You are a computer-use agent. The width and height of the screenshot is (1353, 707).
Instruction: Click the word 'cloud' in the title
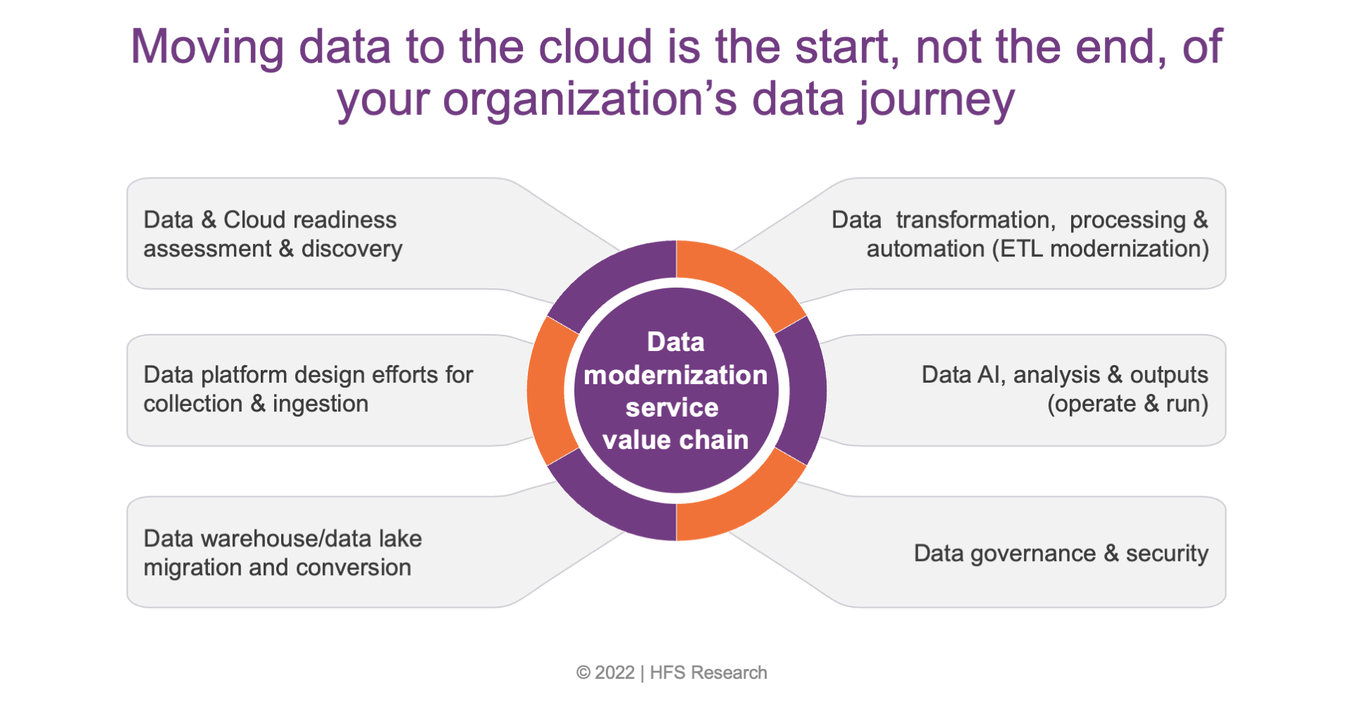point(595,47)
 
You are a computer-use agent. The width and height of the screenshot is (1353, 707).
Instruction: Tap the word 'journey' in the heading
point(937,100)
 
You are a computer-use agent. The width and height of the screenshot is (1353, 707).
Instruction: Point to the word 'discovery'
point(352,249)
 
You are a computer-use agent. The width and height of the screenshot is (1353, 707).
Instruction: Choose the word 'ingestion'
point(321,404)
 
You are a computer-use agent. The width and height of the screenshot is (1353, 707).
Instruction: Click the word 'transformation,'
point(976,220)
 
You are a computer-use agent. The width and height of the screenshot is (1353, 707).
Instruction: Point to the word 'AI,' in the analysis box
point(992,375)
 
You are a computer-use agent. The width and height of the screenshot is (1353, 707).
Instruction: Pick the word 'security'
point(1167,554)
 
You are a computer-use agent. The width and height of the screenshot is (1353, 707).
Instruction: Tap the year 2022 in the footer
point(614,672)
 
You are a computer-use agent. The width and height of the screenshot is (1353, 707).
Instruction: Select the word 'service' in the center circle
point(672,407)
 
